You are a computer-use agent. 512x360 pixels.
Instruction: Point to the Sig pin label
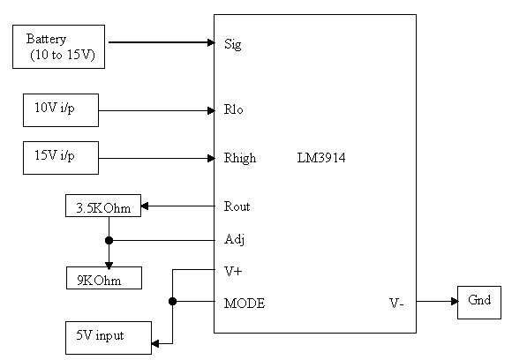233,44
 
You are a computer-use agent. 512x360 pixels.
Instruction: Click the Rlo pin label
233,109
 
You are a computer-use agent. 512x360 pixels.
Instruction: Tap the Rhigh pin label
240,158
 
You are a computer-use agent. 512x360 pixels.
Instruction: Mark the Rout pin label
237,206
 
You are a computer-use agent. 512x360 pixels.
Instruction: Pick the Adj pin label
235,239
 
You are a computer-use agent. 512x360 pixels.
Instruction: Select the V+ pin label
233,271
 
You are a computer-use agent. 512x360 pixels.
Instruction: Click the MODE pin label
245,304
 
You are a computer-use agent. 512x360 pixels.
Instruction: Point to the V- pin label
396,304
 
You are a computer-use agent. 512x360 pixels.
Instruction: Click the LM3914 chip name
321,158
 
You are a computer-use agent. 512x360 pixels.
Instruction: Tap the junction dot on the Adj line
109,241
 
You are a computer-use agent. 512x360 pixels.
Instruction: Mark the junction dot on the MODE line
173,301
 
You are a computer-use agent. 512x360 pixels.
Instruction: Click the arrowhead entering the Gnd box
455,301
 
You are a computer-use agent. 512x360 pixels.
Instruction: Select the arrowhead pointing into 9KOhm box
109,265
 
